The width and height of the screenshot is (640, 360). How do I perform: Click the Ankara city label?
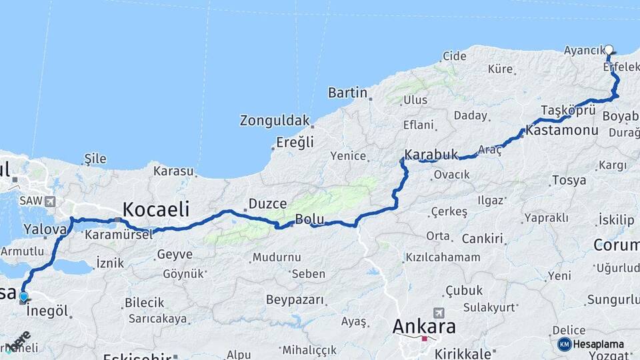coord(424,327)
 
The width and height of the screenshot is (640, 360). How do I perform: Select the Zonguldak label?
coord(275,121)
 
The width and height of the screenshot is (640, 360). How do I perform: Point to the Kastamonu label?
coord(561,130)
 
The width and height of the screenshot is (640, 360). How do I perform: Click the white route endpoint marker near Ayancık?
coord(609,49)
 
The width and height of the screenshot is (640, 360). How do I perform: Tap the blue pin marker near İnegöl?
coord(24,297)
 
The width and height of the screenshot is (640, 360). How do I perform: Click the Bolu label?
coord(309,219)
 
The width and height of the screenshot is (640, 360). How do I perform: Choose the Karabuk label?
coord(431,155)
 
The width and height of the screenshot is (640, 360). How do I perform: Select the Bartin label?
coord(348,93)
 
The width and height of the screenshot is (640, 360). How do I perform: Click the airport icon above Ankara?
coord(439,313)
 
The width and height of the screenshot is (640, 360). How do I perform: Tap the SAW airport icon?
coord(51,201)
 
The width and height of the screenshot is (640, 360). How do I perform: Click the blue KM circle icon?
coord(564,344)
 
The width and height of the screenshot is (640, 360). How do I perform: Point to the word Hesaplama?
coord(599,344)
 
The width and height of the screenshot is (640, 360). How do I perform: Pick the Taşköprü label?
coord(567,110)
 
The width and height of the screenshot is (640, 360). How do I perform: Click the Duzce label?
coord(267,204)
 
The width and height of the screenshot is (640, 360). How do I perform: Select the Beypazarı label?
coord(295,300)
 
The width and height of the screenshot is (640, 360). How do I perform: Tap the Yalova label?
coord(45,229)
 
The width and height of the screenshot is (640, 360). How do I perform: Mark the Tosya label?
coord(569,180)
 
